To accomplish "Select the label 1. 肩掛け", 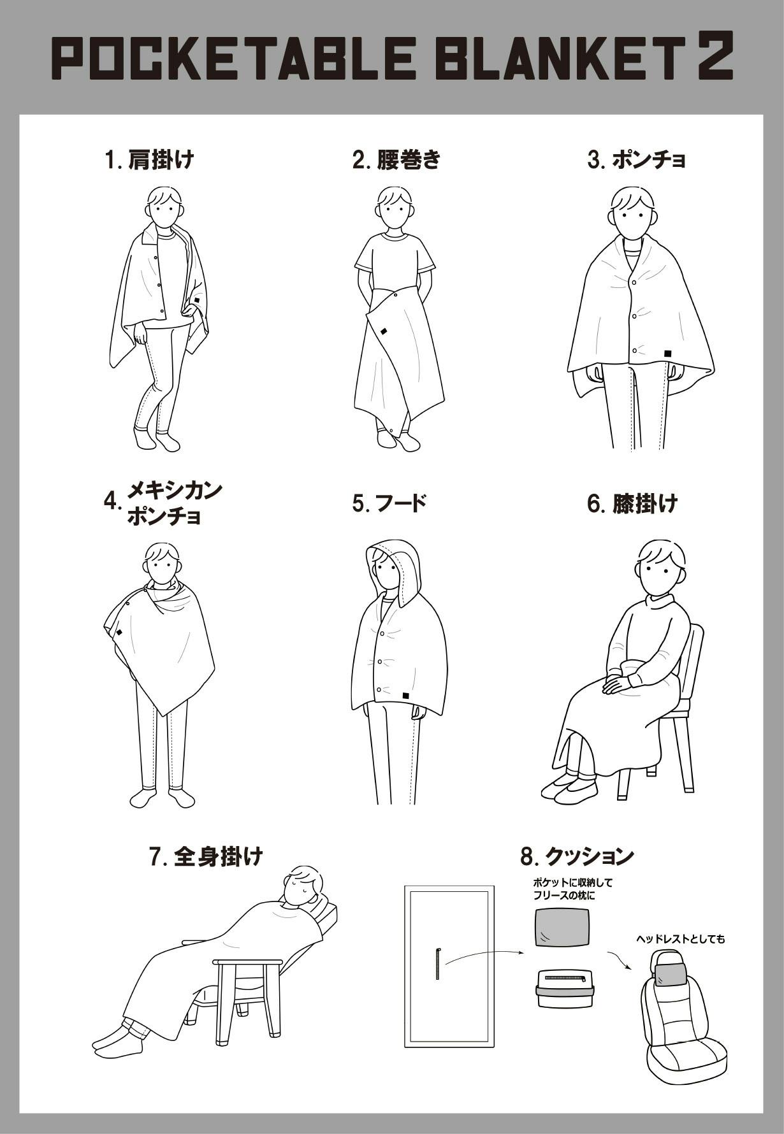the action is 149,159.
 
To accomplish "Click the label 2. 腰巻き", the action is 396,159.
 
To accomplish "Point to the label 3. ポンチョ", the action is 636,159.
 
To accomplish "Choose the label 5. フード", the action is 389,503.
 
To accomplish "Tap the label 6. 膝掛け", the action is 632,503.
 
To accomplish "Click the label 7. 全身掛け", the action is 206,857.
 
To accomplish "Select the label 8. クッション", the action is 577,857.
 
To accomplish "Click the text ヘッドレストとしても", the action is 680,939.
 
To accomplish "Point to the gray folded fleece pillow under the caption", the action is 562,928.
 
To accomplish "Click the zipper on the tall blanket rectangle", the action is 438,965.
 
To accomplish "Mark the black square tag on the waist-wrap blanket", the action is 384,331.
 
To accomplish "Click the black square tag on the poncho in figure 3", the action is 667,353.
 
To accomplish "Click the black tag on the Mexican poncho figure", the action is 119,633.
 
